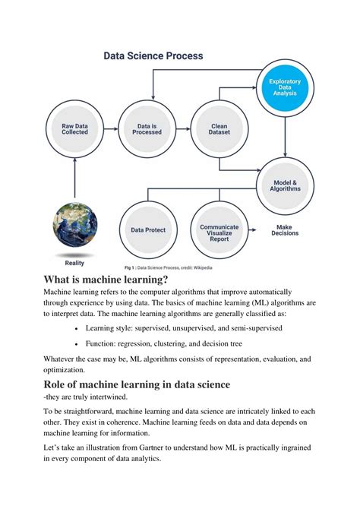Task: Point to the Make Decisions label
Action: click(x=286, y=229)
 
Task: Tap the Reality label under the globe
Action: click(x=74, y=262)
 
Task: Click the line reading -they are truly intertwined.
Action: click(x=91, y=397)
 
